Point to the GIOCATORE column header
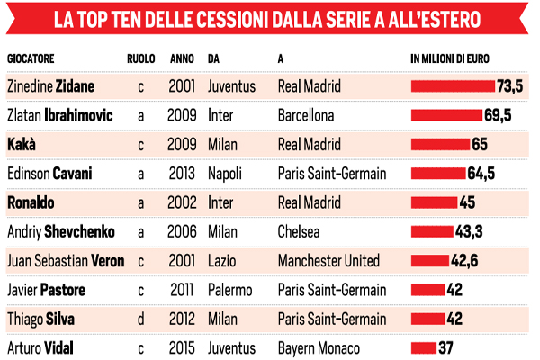click(31, 59)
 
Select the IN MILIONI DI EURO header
click(454, 59)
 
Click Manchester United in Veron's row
click(329, 261)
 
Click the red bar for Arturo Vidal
click(423, 347)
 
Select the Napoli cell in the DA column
click(225, 174)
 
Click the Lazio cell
click(222, 261)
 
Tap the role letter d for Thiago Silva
click(140, 319)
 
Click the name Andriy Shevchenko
click(60, 231)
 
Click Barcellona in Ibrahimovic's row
click(307, 116)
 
